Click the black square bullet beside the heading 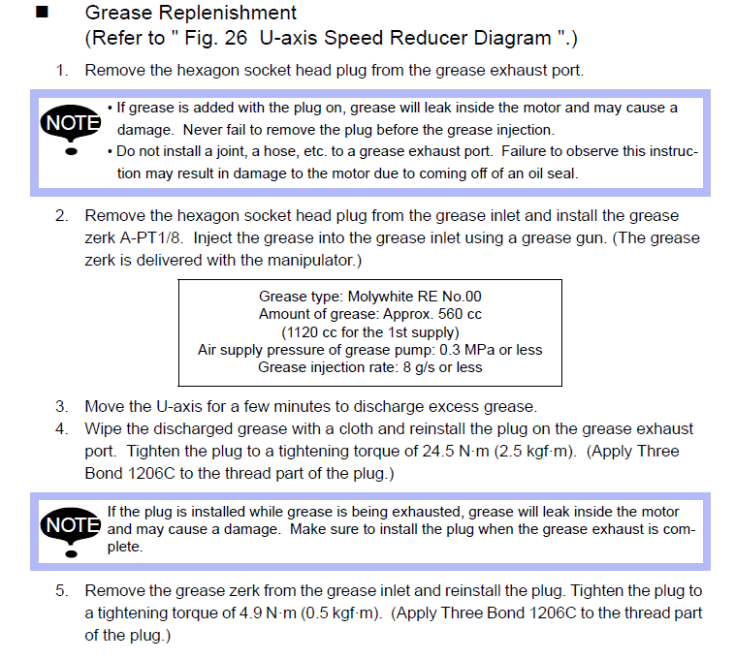[43, 12]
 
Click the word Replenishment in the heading [227, 14]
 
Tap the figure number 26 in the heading [236, 38]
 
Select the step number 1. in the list [62, 70]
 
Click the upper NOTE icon [71, 127]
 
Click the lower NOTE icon [71, 530]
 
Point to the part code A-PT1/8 [150, 238]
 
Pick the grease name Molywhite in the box [379, 297]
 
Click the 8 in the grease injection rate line [406, 367]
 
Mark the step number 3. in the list [62, 407]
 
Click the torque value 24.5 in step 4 [438, 451]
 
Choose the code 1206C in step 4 [151, 474]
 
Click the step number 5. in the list [62, 591]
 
